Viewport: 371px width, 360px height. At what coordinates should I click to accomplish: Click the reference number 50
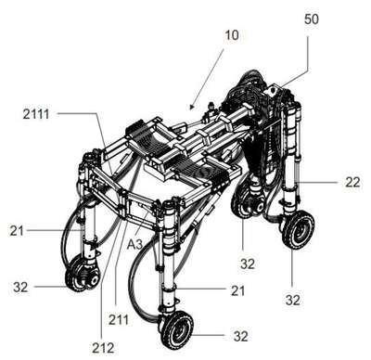point(312,19)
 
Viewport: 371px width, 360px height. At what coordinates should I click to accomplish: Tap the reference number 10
point(232,35)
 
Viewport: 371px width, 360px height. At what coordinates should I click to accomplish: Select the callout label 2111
point(36,114)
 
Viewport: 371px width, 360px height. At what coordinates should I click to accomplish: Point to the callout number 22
point(352,182)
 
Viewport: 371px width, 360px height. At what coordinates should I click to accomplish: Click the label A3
point(135,244)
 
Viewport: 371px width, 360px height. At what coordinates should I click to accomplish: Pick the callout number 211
point(119,319)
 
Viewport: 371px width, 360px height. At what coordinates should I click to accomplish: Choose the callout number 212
point(103,349)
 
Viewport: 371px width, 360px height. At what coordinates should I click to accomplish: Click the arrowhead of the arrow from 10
point(192,107)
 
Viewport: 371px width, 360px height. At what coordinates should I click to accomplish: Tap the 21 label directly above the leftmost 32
point(17,231)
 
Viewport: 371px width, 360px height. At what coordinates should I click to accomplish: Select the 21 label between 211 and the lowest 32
point(237,290)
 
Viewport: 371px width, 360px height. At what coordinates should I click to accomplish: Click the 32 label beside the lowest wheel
point(241,336)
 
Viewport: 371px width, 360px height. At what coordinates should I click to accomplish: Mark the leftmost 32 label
point(20,288)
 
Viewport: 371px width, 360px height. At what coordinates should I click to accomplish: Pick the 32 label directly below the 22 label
point(293,300)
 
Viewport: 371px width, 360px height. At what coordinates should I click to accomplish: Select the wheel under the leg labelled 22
point(298,230)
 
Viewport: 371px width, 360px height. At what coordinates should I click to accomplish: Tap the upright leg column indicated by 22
point(290,155)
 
